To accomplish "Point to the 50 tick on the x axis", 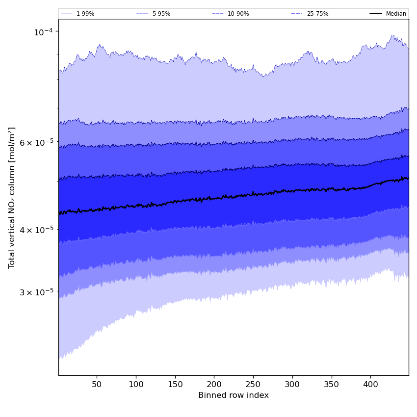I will point(97,383).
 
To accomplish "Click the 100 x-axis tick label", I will point(136,383).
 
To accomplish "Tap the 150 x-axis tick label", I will point(175,383).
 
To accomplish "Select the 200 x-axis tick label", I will point(214,383).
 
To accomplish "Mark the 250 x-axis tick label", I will point(253,383).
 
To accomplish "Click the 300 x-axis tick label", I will point(292,383).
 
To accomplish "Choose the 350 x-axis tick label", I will point(332,383).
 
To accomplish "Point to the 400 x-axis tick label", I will point(371,383).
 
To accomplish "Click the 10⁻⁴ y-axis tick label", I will point(43,32).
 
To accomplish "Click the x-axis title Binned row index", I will point(234,395).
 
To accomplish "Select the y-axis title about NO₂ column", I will point(12,198).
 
